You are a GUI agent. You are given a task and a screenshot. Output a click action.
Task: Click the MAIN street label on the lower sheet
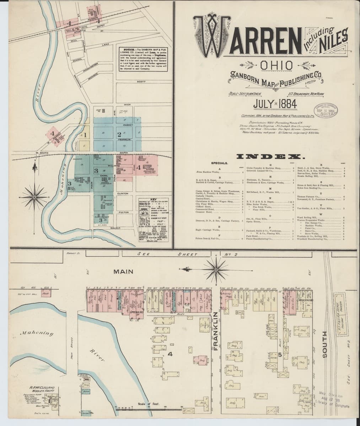(123, 272)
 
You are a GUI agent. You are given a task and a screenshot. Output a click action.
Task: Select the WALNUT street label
(116, 228)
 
